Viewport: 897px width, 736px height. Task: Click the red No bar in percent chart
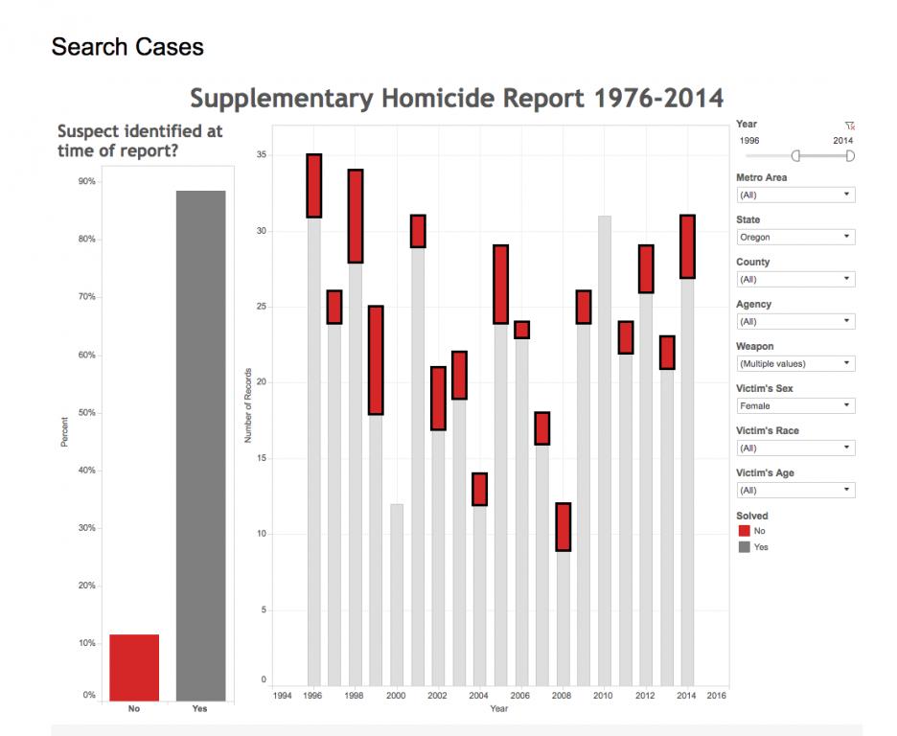(x=134, y=667)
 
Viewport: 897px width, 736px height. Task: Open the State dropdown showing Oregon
(x=794, y=237)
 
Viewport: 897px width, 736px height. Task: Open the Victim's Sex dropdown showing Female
(x=794, y=405)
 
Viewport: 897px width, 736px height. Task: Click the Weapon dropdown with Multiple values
(x=794, y=363)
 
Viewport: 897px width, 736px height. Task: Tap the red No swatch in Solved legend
(x=745, y=530)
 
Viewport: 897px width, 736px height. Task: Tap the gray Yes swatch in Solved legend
(x=745, y=547)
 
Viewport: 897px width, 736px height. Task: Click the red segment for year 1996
(x=313, y=186)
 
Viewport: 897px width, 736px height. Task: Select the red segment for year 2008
(x=563, y=527)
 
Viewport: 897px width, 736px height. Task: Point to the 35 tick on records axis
(x=262, y=155)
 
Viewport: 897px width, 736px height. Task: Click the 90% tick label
(x=86, y=181)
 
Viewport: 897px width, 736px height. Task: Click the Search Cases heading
(x=127, y=47)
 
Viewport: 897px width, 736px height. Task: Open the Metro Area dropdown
(x=794, y=195)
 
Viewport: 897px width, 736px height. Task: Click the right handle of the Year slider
(x=850, y=156)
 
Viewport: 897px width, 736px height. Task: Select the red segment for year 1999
(x=376, y=360)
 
